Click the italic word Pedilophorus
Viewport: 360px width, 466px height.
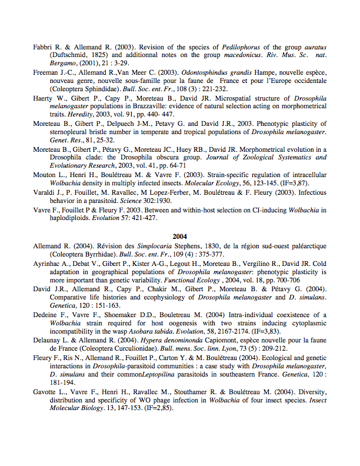(242, 47)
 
